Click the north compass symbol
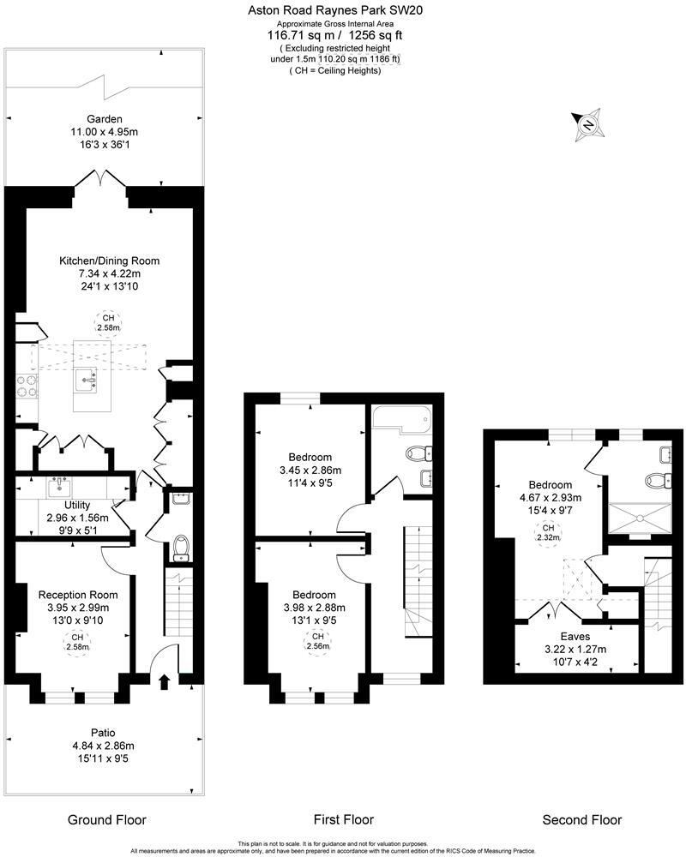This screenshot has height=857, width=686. pos(588,125)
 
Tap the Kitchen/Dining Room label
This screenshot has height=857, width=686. pos(109,261)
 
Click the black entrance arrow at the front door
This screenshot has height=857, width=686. pos(165,681)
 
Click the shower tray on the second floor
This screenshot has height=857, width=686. pos(640,516)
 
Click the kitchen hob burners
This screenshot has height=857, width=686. pos(27,387)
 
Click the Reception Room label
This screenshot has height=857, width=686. pos(78,594)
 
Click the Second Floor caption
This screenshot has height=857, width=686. pos(582,819)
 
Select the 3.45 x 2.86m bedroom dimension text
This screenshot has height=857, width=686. pos(310,470)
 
